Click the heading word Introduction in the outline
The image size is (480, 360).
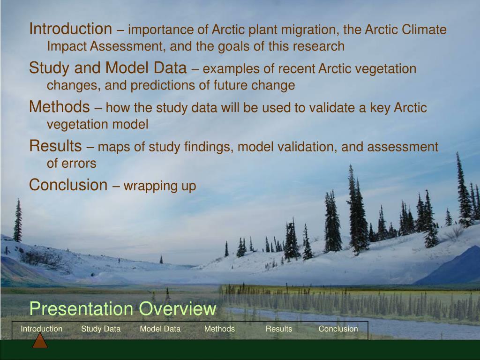71,29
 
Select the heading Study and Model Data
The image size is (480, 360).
108,67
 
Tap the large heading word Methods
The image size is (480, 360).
60,106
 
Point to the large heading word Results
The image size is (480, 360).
55,146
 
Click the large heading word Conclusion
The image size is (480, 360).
68,185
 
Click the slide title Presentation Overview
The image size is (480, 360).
123,308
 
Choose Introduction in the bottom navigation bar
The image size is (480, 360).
42,329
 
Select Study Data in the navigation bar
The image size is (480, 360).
101,329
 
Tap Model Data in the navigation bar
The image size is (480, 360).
160,329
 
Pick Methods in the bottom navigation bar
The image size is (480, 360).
219,329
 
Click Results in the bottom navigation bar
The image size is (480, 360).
279,329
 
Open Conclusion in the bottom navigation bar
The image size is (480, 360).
338,329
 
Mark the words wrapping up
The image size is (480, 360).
160,186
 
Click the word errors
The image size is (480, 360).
79,164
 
